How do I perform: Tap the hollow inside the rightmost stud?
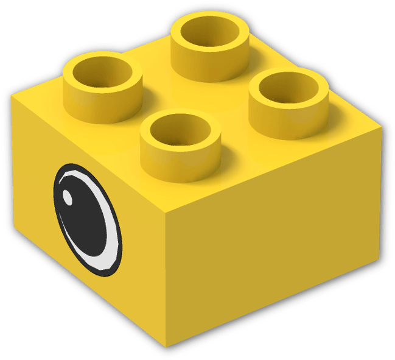pos(288,89)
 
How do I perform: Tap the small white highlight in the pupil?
pos(69,197)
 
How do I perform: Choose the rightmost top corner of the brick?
pos(382,129)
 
